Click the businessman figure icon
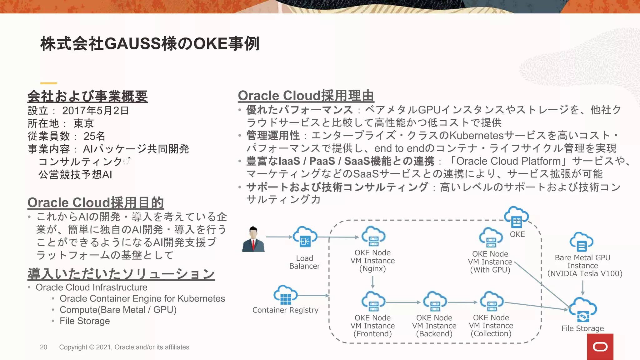pos(253,239)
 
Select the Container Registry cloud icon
pos(285,295)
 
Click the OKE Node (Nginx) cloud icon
pos(373,237)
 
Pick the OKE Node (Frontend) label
pos(372,326)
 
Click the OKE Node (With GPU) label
pos(490,262)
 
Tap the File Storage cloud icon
pos(583,310)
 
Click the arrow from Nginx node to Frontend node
pos(373,282)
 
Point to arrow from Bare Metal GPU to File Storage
pos(583,288)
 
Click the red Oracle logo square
pos(600,347)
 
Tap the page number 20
pos(43,347)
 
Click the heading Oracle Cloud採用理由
pos(306,96)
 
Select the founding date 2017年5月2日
pos(95,111)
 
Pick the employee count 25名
pos(94,136)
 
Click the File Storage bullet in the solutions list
pos(85,321)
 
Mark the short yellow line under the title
pos(49,83)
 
